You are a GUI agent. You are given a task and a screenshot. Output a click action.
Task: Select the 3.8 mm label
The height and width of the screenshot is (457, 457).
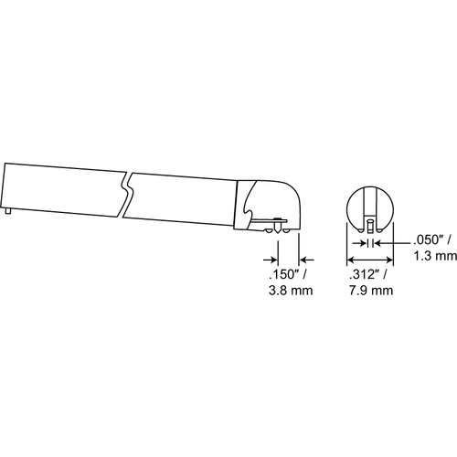(291, 291)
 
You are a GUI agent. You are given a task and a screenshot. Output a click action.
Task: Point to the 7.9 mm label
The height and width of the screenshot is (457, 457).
(371, 291)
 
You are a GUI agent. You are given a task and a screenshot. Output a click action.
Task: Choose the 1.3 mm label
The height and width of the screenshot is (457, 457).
(435, 256)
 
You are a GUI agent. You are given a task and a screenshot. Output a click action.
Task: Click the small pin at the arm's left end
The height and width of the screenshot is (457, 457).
(8, 211)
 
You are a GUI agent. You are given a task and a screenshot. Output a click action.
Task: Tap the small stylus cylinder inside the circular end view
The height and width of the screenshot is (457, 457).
(370, 227)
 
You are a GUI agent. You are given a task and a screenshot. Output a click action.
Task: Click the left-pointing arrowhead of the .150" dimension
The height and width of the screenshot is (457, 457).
(306, 260)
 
